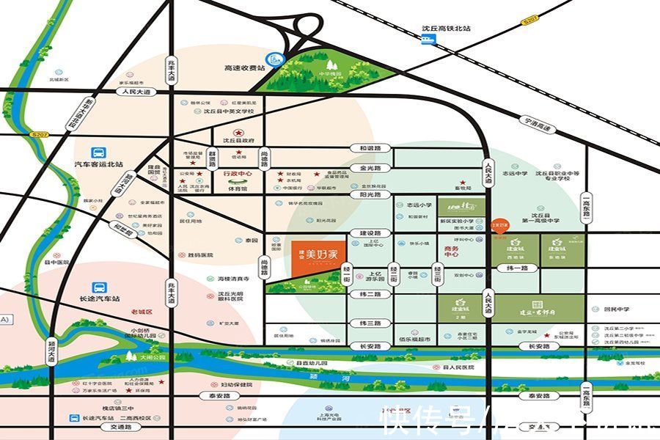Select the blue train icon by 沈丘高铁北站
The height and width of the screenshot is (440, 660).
point(428,40)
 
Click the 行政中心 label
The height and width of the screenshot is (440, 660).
point(238,174)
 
